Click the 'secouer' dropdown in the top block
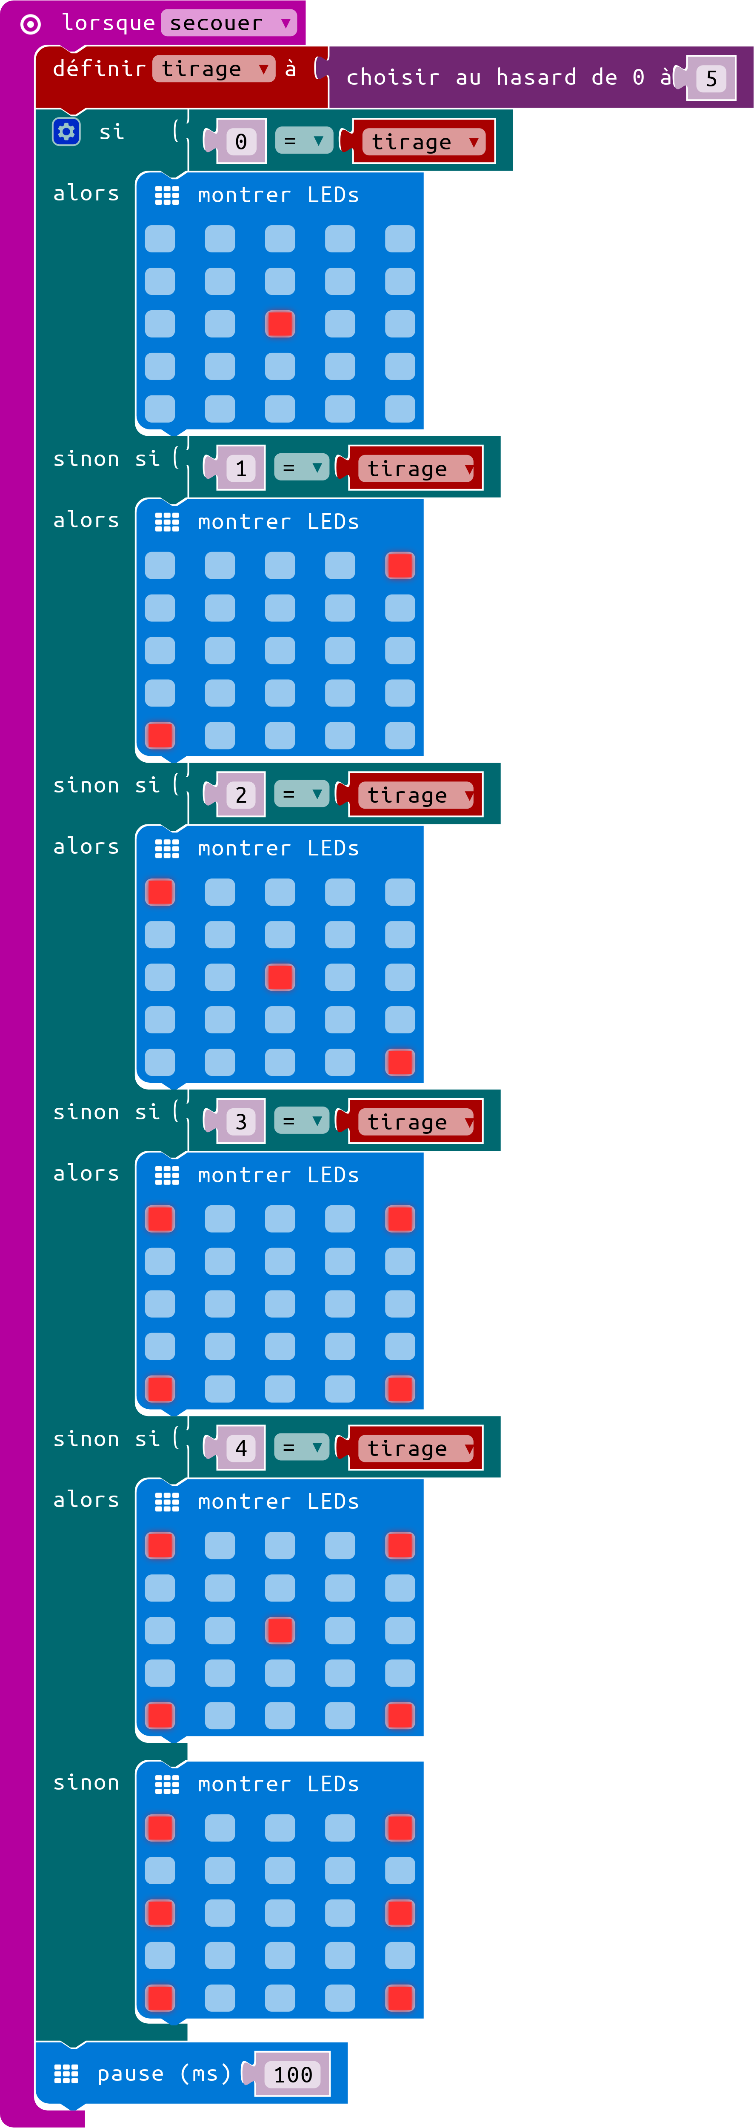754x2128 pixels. pos(229,23)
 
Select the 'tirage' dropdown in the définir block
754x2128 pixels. pos(213,69)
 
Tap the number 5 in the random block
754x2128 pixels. pos(711,78)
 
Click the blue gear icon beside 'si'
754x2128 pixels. pos(66,132)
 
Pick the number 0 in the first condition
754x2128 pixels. pos(241,141)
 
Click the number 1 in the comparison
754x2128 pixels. pos(241,469)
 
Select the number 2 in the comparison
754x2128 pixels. pos(241,795)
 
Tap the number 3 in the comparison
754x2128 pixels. pos(241,1121)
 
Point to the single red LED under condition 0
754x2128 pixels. pos(280,324)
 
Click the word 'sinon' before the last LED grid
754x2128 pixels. pos(86,1783)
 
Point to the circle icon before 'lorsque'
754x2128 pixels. pos(31,24)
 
